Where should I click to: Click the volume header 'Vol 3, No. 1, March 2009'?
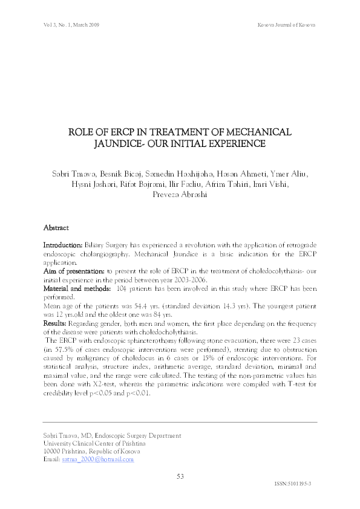71,25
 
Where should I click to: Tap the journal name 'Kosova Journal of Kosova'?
286,25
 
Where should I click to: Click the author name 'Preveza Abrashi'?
180,196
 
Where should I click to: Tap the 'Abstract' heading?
56,228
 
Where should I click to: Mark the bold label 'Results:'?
55,324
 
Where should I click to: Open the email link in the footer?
97,459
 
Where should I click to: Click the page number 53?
180,476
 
